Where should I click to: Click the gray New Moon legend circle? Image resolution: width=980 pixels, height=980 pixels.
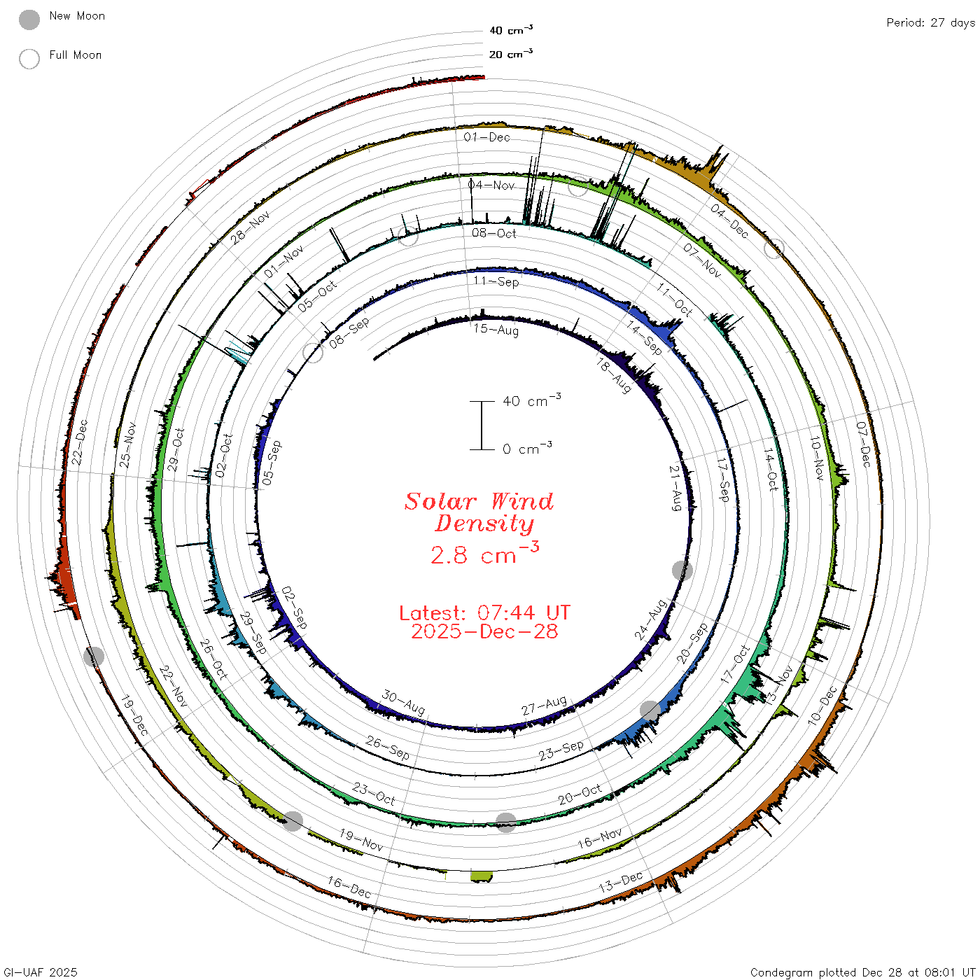(x=29, y=20)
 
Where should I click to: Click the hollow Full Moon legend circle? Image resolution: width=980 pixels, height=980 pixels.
(x=29, y=59)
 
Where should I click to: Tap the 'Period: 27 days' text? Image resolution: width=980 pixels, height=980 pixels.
(x=930, y=23)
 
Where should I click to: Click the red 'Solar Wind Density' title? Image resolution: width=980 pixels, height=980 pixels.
(x=479, y=512)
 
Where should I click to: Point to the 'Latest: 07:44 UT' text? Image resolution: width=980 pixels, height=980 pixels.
(x=484, y=612)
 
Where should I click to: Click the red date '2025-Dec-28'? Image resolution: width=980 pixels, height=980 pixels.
(x=484, y=631)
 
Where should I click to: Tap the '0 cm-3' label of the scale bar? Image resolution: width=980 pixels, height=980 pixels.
(x=527, y=447)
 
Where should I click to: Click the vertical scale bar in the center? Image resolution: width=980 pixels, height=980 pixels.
(x=482, y=425)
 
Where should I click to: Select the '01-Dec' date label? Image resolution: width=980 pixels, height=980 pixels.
(x=486, y=136)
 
